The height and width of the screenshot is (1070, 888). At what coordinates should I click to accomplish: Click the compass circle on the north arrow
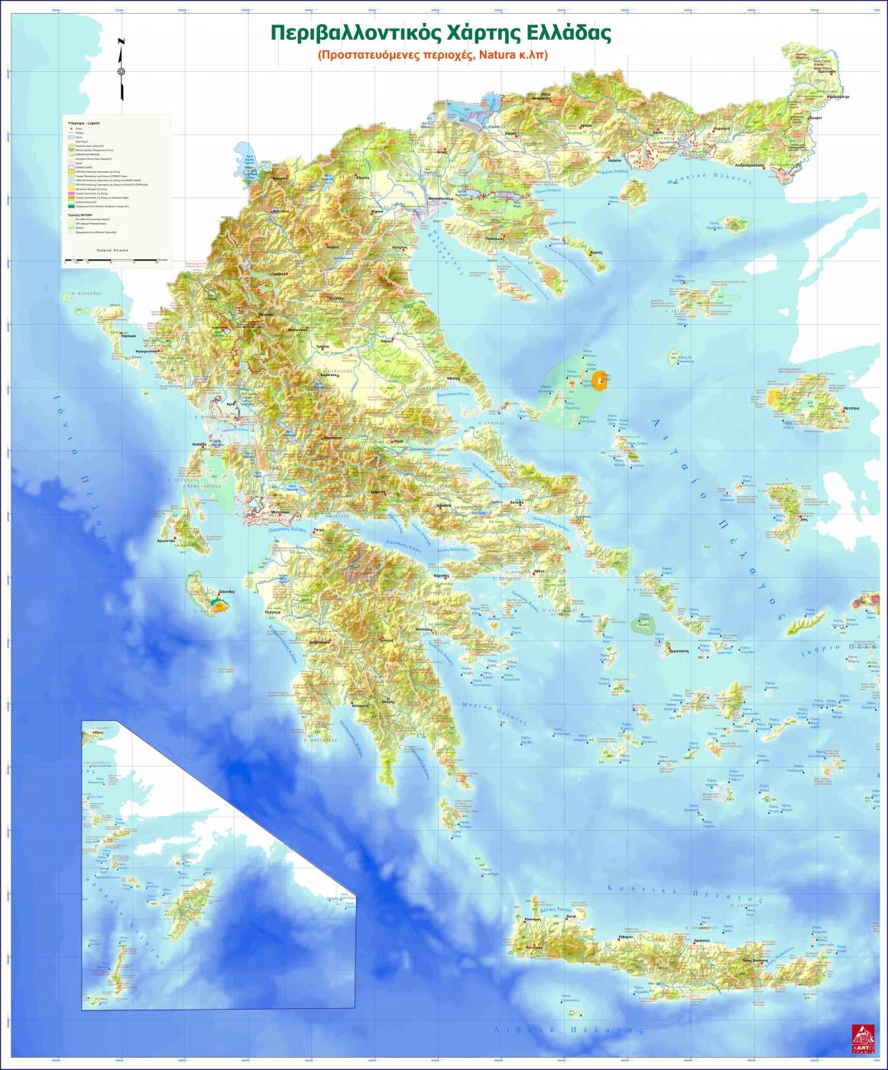(121, 72)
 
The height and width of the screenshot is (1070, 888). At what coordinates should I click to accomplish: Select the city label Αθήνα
(539, 571)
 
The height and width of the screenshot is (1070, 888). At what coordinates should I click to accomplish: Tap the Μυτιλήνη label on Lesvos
(851, 408)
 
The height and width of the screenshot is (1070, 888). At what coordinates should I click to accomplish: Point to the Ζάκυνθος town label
(226, 592)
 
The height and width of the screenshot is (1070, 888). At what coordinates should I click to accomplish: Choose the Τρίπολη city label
(385, 639)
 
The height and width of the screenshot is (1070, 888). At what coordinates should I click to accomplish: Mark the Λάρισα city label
(387, 341)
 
